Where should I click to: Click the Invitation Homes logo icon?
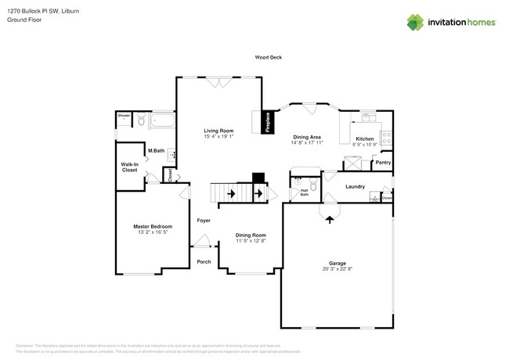[x=415, y=22]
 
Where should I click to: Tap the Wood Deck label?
[x=268, y=57]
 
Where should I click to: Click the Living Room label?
[x=219, y=131]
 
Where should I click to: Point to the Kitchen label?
[x=366, y=139]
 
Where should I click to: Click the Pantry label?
[x=383, y=163]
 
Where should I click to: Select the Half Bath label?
[x=304, y=193]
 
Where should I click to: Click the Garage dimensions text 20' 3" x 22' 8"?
[x=338, y=269]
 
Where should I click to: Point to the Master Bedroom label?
[x=152, y=226]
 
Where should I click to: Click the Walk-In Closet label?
[x=129, y=167]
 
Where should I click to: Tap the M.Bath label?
[x=156, y=150]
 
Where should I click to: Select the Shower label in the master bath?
[x=124, y=116]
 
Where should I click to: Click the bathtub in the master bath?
[x=163, y=121]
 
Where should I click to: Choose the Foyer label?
[x=204, y=221]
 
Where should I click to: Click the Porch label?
[x=204, y=261]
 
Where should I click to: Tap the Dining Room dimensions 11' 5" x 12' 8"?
[x=252, y=241]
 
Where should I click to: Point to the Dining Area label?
[x=307, y=137]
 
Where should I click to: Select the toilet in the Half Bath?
[x=313, y=185]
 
